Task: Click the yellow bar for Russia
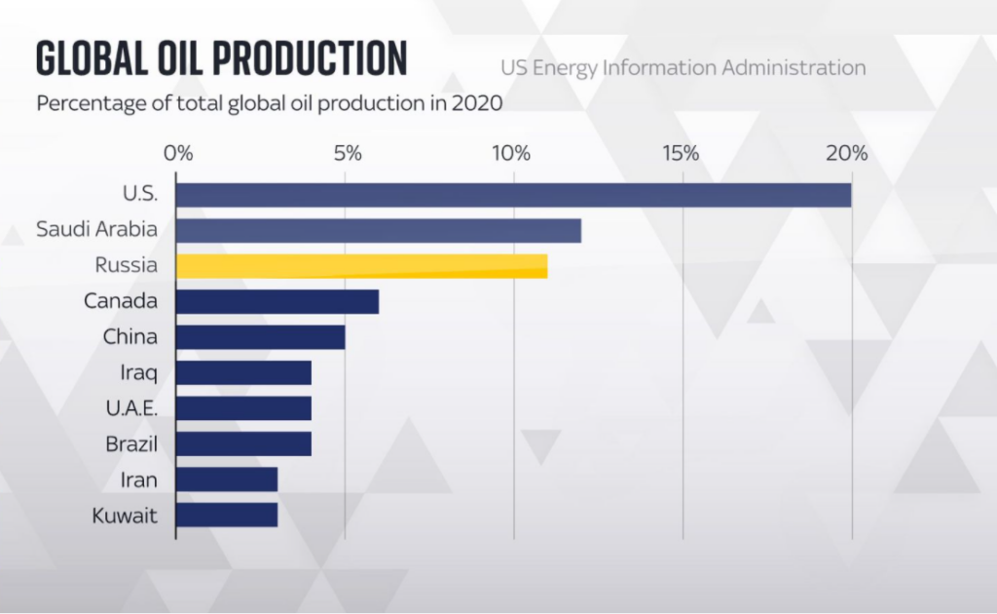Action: point(361,266)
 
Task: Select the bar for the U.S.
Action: point(513,194)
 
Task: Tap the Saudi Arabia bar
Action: point(379,231)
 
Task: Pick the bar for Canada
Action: point(277,302)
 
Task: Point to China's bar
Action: point(261,337)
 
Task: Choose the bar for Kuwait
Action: point(227,515)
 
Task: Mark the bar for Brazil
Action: point(243,444)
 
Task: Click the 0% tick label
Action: point(178,153)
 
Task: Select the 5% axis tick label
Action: point(348,153)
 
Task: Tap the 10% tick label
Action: point(511,153)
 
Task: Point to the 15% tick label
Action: point(681,153)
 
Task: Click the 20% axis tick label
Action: point(847,153)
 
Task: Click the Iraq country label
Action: point(139,373)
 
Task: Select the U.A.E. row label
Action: point(131,408)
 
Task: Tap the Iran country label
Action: point(139,480)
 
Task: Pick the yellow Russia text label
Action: point(127,266)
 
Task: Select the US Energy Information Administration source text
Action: point(683,68)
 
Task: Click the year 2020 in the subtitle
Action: point(477,103)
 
